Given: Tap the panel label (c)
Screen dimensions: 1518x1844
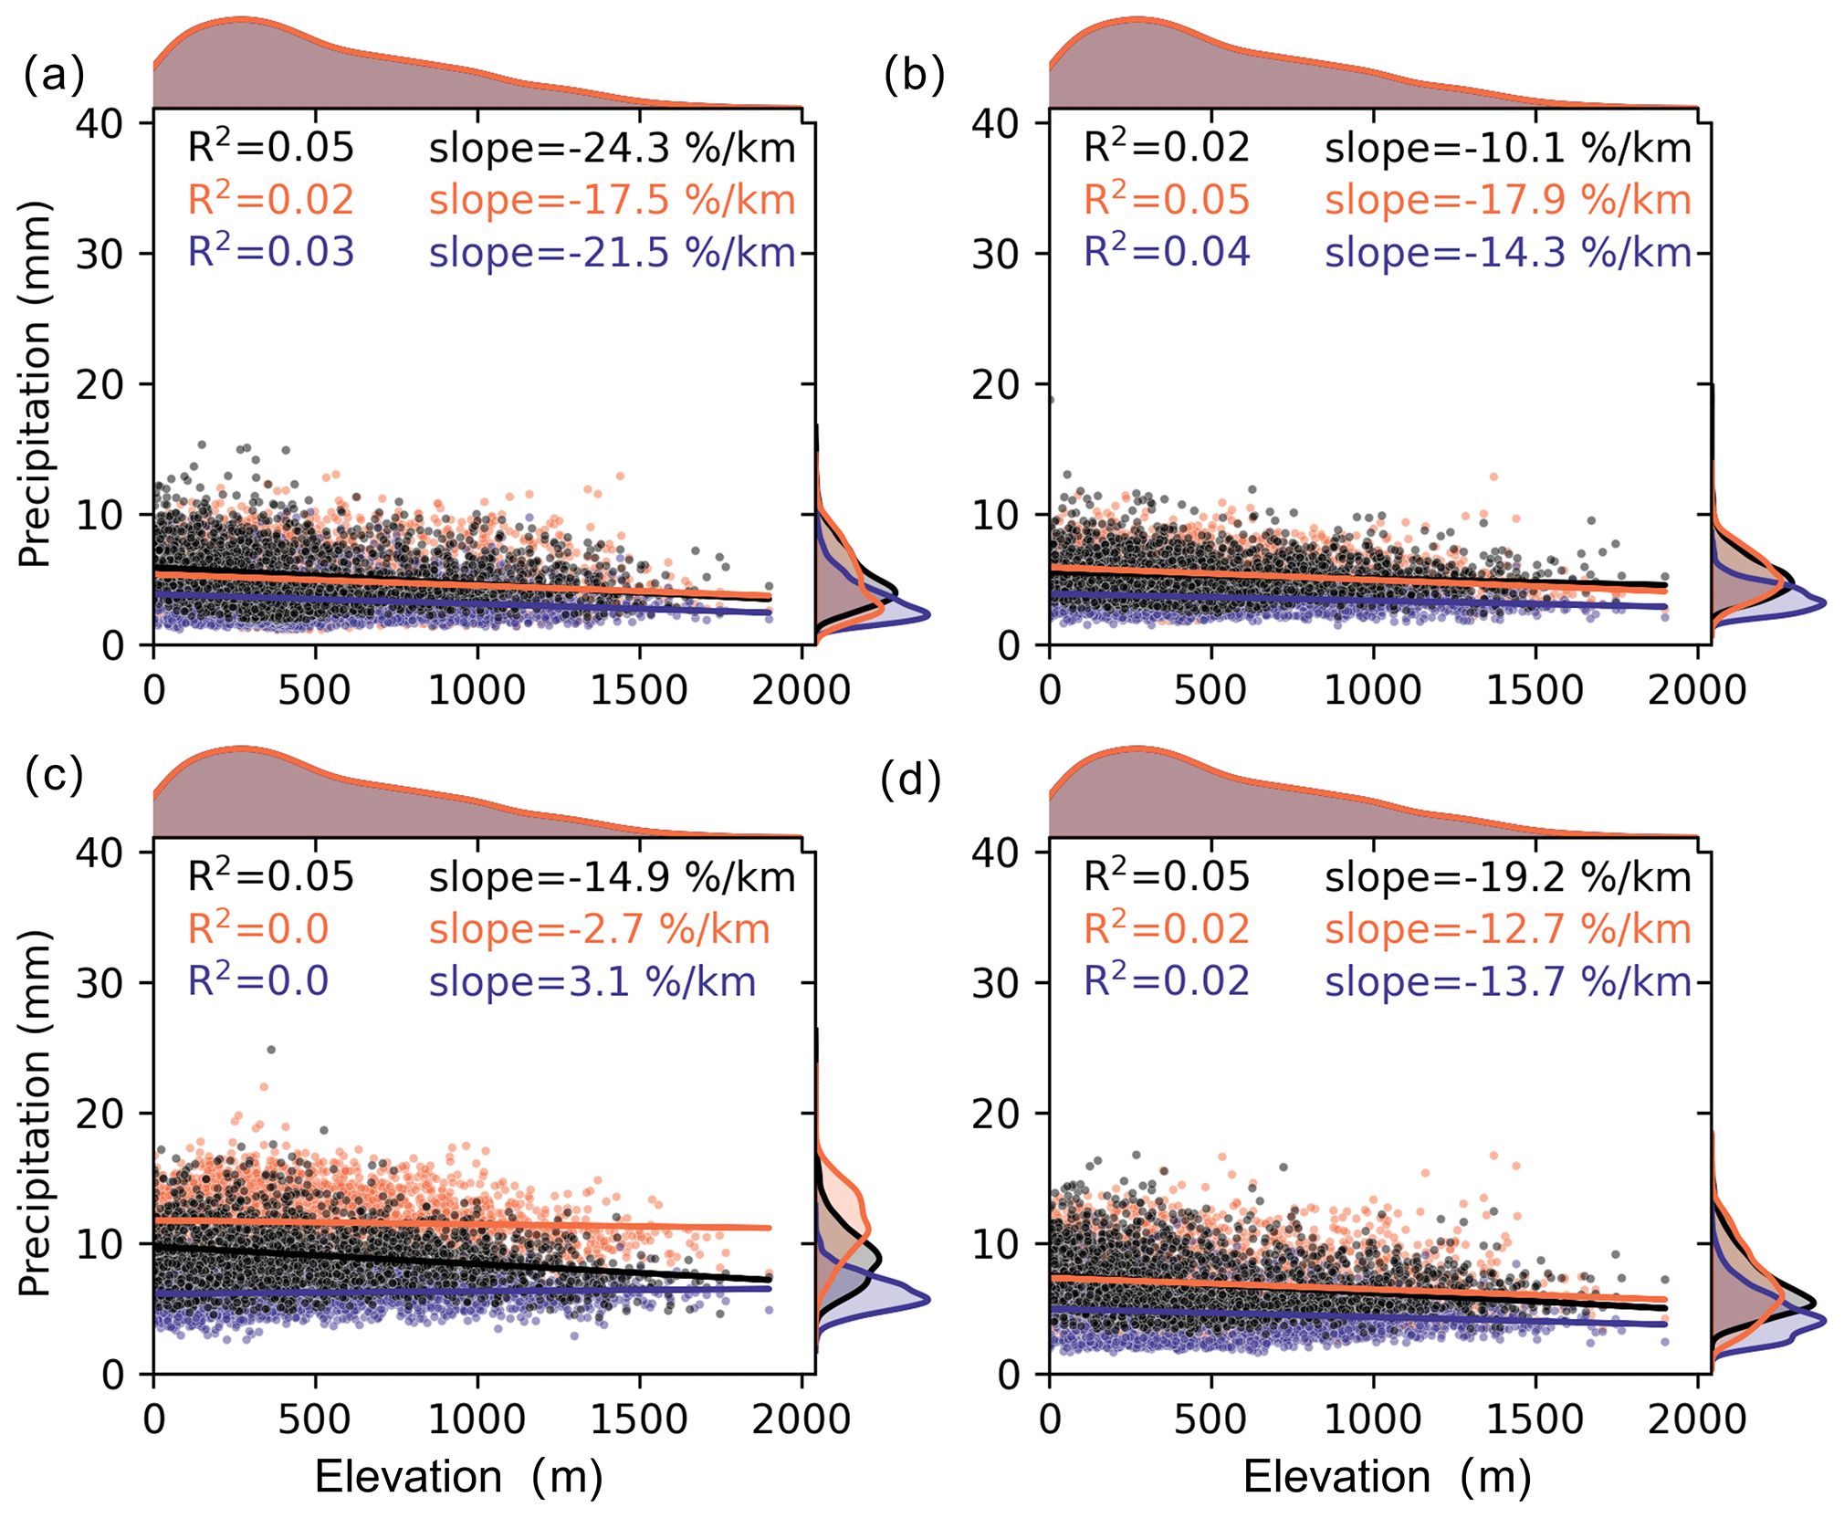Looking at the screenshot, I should point(54,775).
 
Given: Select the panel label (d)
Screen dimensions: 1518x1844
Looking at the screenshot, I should point(910,780).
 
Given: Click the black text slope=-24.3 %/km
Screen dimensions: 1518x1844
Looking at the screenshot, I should point(612,148).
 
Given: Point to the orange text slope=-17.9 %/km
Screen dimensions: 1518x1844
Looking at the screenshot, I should point(1508,200).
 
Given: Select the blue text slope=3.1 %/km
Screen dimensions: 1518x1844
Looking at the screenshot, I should point(592,982).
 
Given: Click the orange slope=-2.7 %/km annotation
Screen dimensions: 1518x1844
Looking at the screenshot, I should point(600,929).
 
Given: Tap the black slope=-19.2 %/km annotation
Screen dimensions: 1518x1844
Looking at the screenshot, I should point(1508,877).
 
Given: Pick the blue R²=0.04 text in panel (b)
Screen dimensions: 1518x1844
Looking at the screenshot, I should point(1166,252).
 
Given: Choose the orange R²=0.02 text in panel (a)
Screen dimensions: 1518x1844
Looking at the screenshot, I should point(270,200).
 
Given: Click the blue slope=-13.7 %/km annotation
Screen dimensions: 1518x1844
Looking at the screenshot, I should point(1508,982).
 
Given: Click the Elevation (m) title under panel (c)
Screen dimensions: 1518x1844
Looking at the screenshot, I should point(458,1476).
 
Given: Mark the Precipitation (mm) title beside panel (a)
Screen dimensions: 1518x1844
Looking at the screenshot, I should point(35,383).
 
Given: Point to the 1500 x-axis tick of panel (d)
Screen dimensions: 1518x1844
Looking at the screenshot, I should point(1535,1419).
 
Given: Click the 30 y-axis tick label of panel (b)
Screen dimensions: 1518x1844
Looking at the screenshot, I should point(995,255).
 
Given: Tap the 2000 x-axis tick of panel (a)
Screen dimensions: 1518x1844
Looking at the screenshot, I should point(801,690).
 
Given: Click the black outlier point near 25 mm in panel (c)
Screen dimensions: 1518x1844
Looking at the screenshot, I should point(271,1050).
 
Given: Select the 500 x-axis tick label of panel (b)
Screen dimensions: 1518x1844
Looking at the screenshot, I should point(1210,690).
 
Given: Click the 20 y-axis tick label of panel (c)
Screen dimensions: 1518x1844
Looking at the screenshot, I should point(100,1114).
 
